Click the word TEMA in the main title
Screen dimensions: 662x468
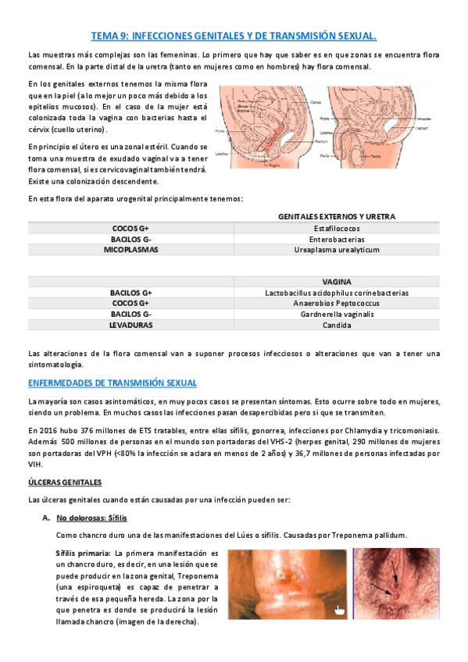[x=102, y=36]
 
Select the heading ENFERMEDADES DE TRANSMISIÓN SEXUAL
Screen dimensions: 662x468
[x=112, y=383]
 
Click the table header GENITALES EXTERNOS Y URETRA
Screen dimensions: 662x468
[x=337, y=216]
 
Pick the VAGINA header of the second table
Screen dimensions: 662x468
[x=337, y=282]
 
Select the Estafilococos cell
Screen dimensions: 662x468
[x=337, y=228]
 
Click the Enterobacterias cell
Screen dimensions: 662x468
[x=337, y=239]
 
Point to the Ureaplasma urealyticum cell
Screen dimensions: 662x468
[x=337, y=250]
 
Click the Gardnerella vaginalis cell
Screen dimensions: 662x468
[x=337, y=314]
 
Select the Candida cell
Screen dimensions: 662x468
[x=337, y=325]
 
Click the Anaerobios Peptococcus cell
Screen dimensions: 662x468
[x=337, y=303]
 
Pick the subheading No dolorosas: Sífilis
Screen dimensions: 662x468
[x=91, y=518]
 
